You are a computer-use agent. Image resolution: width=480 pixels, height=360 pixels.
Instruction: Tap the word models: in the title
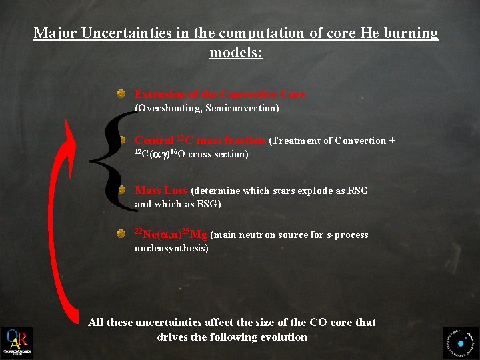[236, 52]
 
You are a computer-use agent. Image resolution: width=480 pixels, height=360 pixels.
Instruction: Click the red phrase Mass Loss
[161, 191]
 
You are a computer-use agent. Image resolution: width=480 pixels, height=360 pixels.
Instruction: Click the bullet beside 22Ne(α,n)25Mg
[121, 234]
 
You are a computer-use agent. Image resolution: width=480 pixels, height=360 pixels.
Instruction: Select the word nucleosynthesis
[171, 248]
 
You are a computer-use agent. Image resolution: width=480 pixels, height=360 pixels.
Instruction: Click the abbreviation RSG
[357, 191]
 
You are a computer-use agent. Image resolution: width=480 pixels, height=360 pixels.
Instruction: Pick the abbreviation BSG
[207, 204]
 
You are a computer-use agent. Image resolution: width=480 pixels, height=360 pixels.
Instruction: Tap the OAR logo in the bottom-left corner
[17, 343]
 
